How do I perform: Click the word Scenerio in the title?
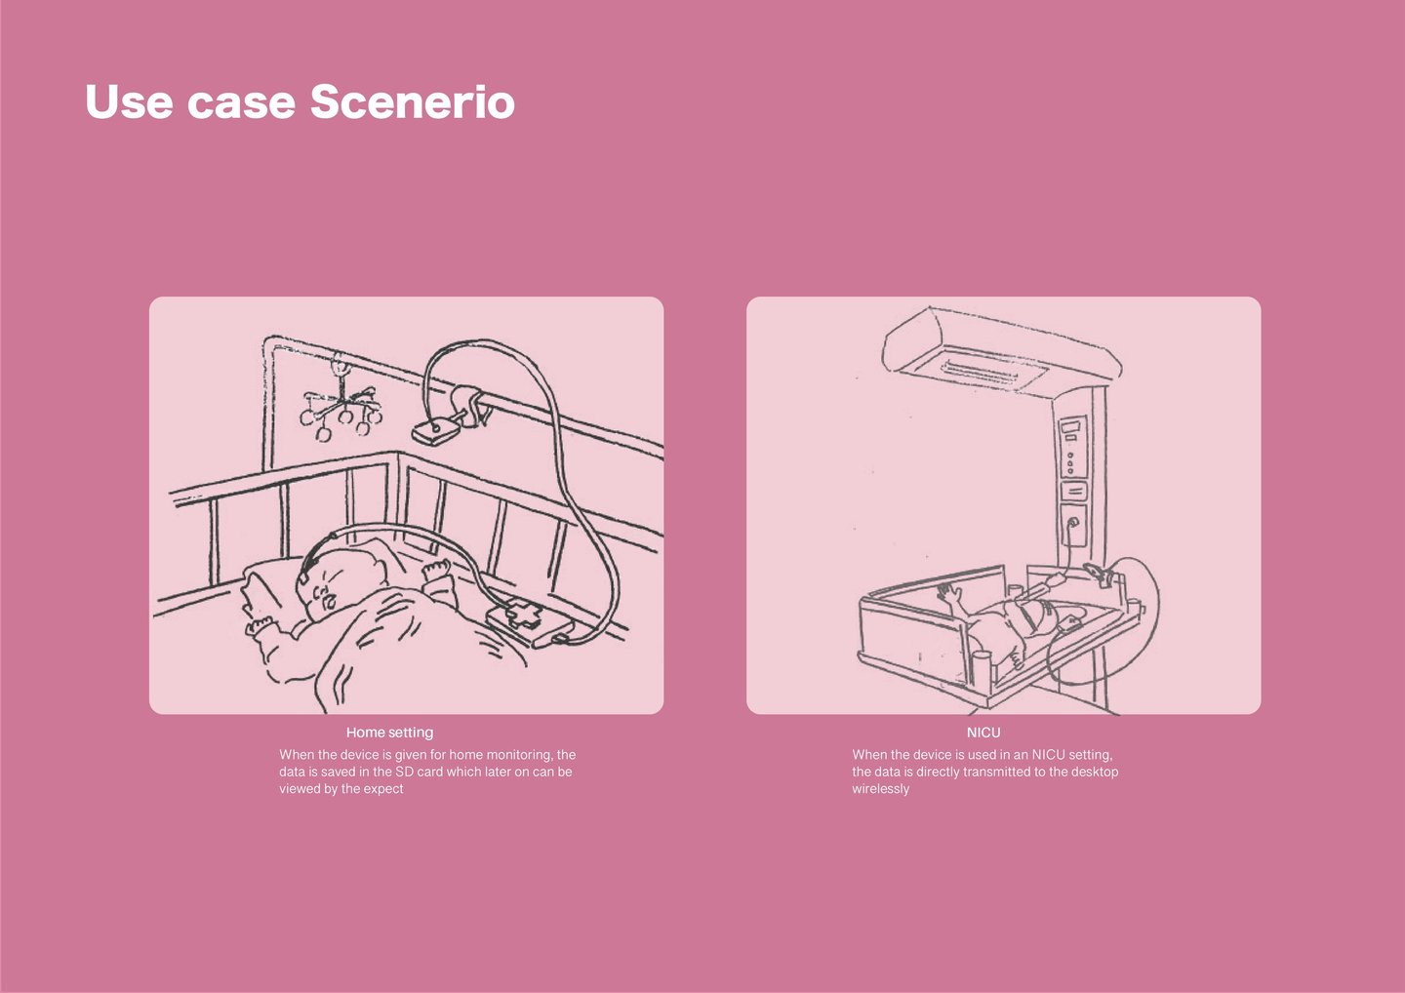(413, 101)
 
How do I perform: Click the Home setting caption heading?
(389, 733)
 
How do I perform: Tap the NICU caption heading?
(983, 733)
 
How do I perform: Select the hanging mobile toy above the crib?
(341, 400)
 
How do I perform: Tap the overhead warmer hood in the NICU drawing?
(1001, 350)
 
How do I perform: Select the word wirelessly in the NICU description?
(881, 788)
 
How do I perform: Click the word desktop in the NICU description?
(1095, 772)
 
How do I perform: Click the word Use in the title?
(129, 101)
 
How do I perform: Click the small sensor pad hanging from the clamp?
(435, 432)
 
